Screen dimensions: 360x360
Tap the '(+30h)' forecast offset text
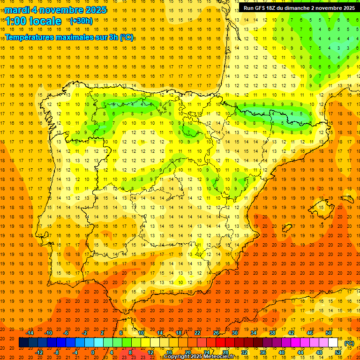click(x=81, y=21)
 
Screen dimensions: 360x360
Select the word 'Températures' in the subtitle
click(x=28, y=37)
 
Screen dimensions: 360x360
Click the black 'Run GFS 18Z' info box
click(x=299, y=8)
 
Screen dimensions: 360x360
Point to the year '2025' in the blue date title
click(x=93, y=10)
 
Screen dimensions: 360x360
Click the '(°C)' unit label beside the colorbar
click(x=349, y=343)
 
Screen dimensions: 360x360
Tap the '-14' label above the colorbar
click(x=30, y=333)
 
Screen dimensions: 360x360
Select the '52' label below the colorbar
click(x=338, y=352)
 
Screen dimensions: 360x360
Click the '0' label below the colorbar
click(x=93, y=352)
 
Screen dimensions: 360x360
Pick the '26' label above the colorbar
click(x=216, y=333)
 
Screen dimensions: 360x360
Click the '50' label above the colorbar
click(x=329, y=333)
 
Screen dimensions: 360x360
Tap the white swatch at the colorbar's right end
click(x=333, y=343)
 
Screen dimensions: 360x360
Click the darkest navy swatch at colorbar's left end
click(x=23, y=343)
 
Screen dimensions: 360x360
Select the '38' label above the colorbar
click(x=272, y=333)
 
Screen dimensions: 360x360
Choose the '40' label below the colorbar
click(x=282, y=352)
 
